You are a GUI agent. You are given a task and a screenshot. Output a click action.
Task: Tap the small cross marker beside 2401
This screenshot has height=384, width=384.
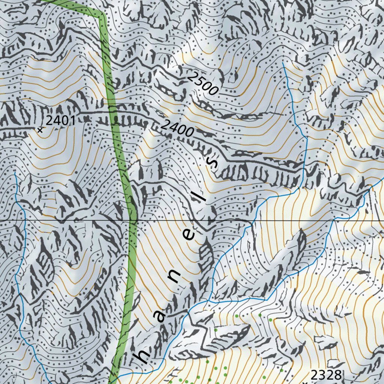click(40, 130)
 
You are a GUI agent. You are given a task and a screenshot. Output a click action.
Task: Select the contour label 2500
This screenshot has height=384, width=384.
click(202, 83)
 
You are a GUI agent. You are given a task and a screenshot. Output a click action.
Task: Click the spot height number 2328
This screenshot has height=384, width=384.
click(326, 374)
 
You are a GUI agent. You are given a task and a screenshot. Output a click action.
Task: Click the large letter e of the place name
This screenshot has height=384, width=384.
click(190, 235)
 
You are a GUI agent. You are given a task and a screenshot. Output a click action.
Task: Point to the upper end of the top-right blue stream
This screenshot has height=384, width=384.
click(283, 64)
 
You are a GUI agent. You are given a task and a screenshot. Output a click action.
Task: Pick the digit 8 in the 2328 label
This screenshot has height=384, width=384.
click(337, 374)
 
